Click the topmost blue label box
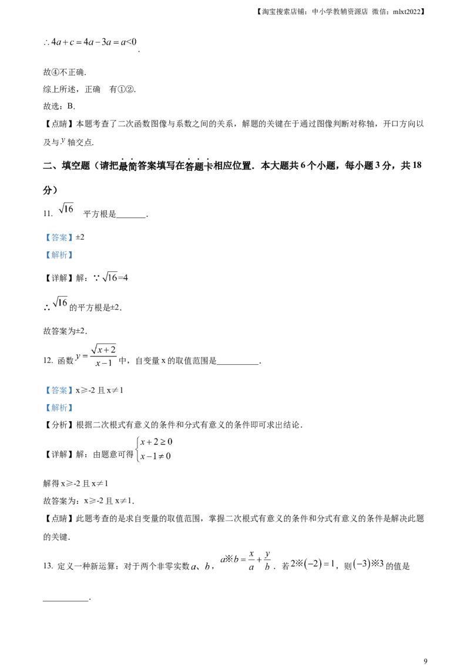coord(59,238)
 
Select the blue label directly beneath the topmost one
coord(59,256)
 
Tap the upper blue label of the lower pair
coord(59,390)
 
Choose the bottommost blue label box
coord(59,407)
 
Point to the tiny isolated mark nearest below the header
coord(63,140)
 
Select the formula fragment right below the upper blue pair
coord(116,277)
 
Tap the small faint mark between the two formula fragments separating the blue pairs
coord(61,303)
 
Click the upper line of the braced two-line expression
coord(156,441)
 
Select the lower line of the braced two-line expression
coord(155,456)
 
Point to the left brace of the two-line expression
coord(138,449)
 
